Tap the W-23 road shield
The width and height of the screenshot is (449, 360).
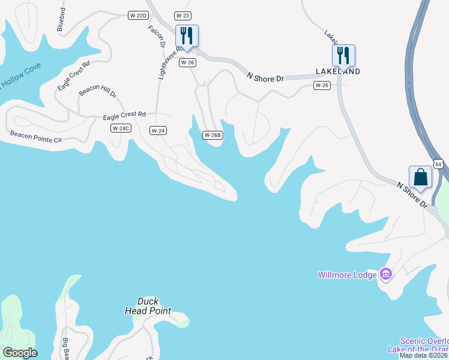click(182, 16)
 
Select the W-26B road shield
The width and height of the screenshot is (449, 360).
click(212, 135)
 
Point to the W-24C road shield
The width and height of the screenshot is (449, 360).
click(121, 128)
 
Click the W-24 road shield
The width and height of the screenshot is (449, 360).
click(158, 130)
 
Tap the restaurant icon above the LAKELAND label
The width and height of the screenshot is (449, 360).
click(343, 56)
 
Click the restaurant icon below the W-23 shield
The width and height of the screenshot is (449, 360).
click(187, 36)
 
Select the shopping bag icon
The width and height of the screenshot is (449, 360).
click(420, 178)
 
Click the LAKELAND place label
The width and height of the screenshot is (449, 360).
click(338, 71)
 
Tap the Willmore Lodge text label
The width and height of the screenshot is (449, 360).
click(348, 275)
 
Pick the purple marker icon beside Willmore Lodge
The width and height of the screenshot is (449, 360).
click(386, 275)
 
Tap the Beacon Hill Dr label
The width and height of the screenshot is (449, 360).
click(97, 91)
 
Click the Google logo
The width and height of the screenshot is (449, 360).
click(19, 353)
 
